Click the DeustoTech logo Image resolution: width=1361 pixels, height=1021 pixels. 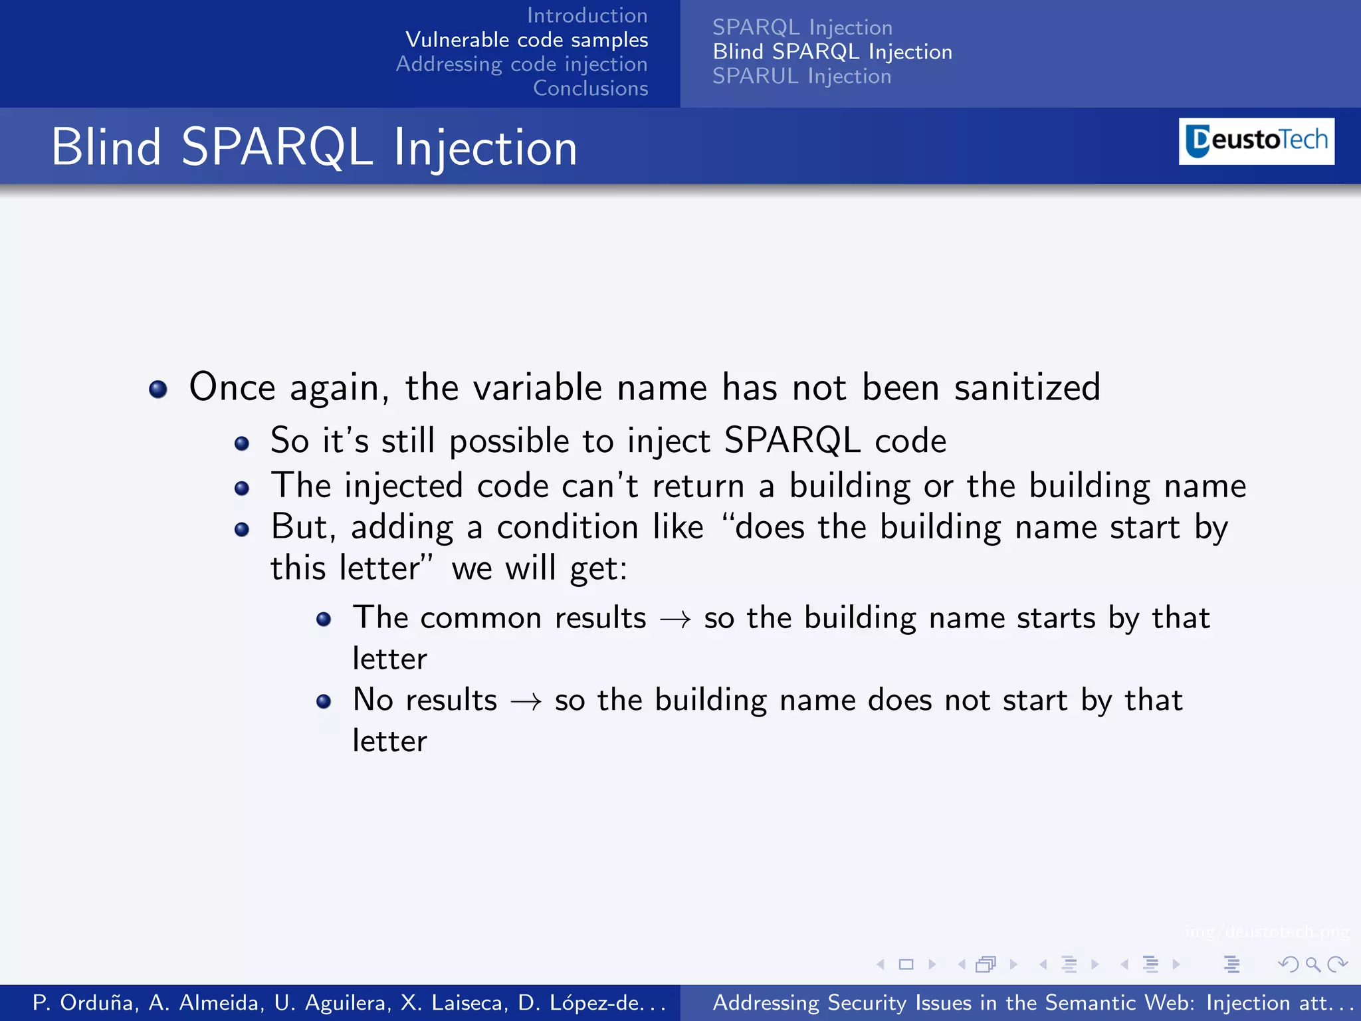(1256, 141)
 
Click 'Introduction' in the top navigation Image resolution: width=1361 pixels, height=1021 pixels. (587, 15)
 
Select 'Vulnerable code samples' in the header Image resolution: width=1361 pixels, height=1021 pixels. (526, 40)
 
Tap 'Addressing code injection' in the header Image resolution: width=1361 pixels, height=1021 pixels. (522, 64)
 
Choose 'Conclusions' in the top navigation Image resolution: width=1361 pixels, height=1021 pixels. (590, 88)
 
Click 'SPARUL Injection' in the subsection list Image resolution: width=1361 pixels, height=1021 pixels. (801, 76)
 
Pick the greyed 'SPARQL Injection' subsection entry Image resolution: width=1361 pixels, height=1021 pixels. (802, 27)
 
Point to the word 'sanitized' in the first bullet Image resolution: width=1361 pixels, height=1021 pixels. (1027, 387)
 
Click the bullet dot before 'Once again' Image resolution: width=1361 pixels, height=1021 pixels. (158, 389)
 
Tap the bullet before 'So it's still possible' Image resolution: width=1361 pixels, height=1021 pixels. (242, 443)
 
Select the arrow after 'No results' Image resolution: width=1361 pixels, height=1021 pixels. (526, 702)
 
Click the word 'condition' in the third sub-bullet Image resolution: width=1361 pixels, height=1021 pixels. (567, 527)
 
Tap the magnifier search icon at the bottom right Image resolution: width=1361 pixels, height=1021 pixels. (1312, 964)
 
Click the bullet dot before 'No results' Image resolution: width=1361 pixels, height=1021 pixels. (324, 701)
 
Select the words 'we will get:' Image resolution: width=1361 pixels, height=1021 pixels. (539, 568)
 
